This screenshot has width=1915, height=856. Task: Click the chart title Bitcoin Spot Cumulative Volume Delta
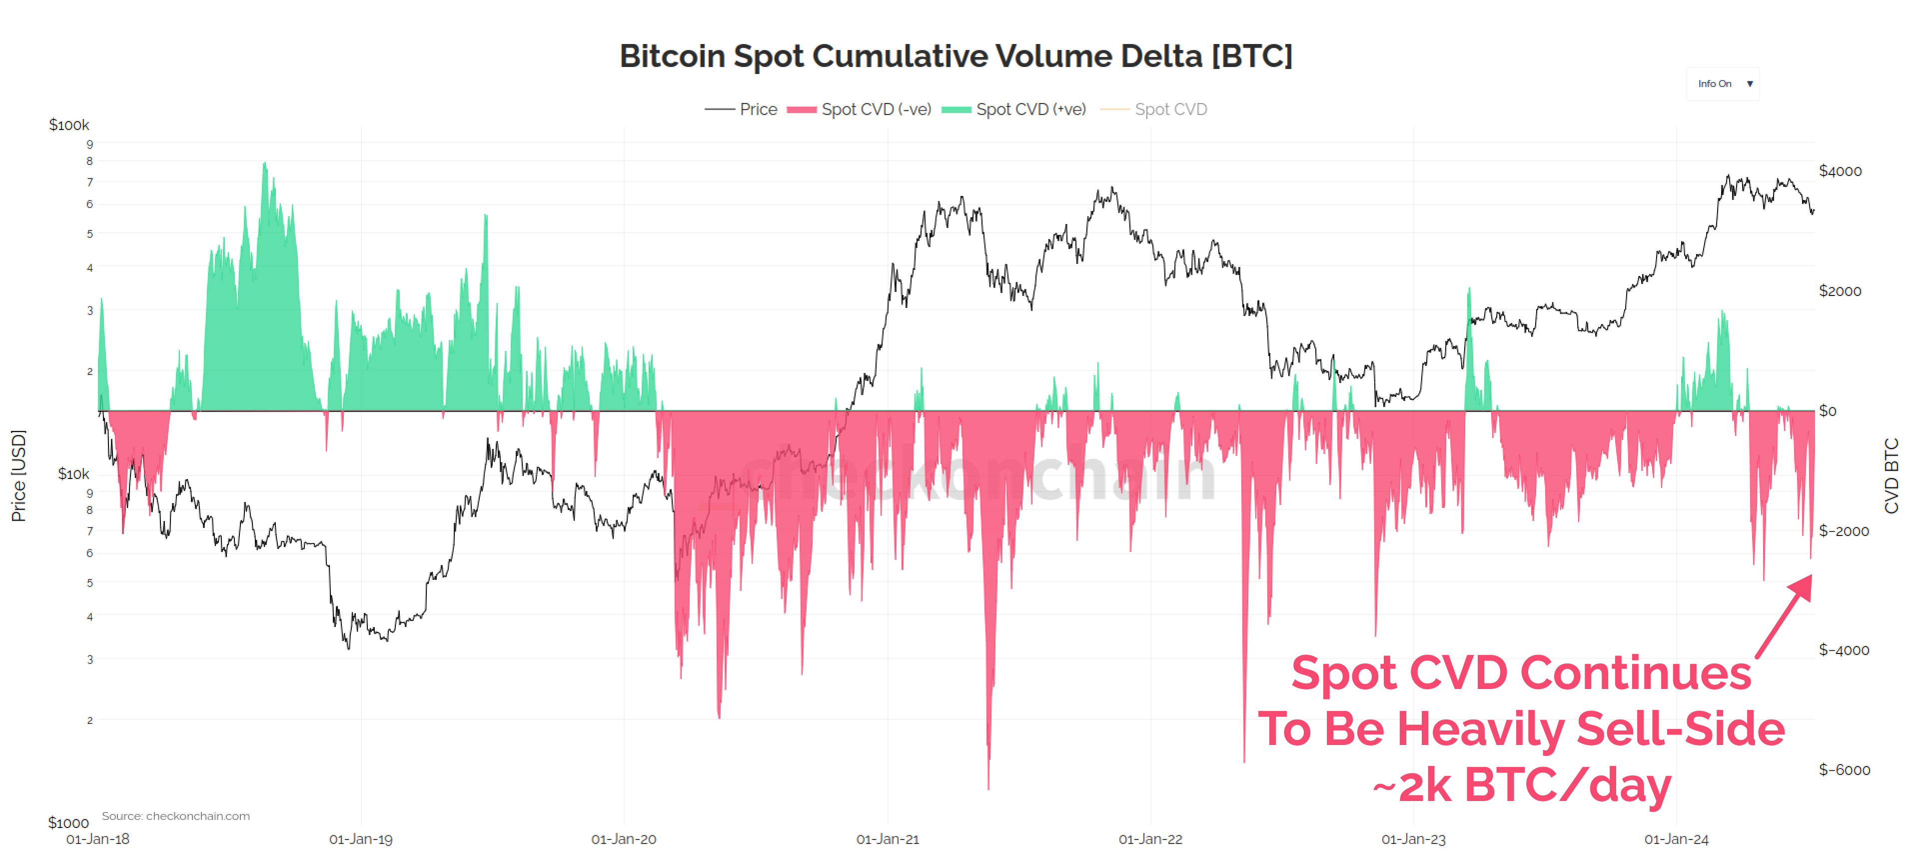956,56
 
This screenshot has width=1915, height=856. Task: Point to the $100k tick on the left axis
68,125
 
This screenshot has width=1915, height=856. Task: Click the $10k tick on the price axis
73,473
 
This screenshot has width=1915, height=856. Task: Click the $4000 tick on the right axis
1840,171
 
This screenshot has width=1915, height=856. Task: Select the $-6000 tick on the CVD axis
1844,769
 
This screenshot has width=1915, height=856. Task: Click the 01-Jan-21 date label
888,839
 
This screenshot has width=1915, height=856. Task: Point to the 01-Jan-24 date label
1676,839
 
